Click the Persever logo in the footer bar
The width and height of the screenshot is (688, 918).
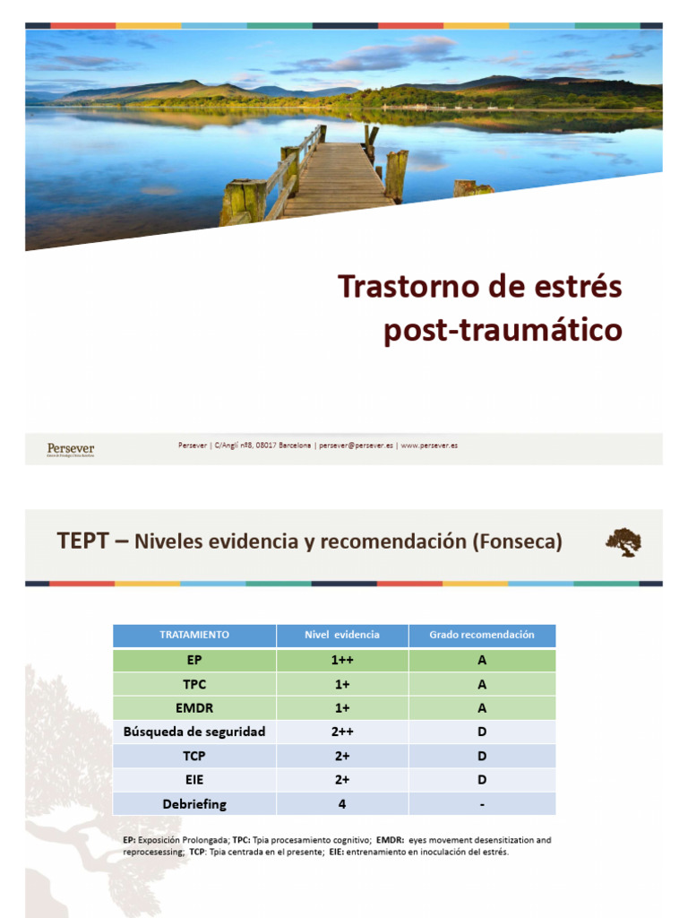(x=70, y=448)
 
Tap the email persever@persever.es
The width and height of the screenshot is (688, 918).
(x=356, y=446)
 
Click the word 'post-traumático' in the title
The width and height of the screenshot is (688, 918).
(x=503, y=330)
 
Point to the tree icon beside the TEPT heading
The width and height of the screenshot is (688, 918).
(x=623, y=542)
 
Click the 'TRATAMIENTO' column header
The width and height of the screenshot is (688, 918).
(x=194, y=635)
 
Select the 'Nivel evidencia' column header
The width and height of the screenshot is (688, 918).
(x=342, y=635)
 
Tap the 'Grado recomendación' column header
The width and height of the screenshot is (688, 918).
(x=482, y=635)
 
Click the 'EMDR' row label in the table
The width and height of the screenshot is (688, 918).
(x=194, y=707)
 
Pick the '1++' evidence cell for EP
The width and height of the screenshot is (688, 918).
(x=342, y=660)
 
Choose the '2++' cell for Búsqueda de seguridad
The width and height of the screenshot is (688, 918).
(x=342, y=732)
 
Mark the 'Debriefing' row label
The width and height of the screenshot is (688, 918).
(x=194, y=804)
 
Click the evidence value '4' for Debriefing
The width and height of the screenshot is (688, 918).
(x=342, y=804)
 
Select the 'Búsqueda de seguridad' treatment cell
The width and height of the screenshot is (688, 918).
(x=194, y=732)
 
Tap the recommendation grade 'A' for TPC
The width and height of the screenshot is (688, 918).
(x=482, y=684)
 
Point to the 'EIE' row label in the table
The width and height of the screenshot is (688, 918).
(x=194, y=780)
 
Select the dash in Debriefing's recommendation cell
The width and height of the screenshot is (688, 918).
(x=482, y=805)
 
